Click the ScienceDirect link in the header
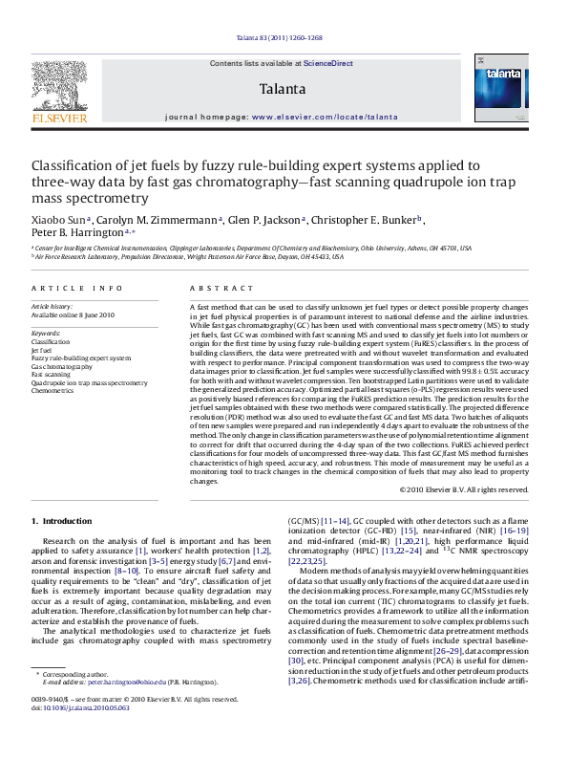tap(328, 62)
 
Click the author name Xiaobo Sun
tap(55, 219)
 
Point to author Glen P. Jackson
tap(255, 219)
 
